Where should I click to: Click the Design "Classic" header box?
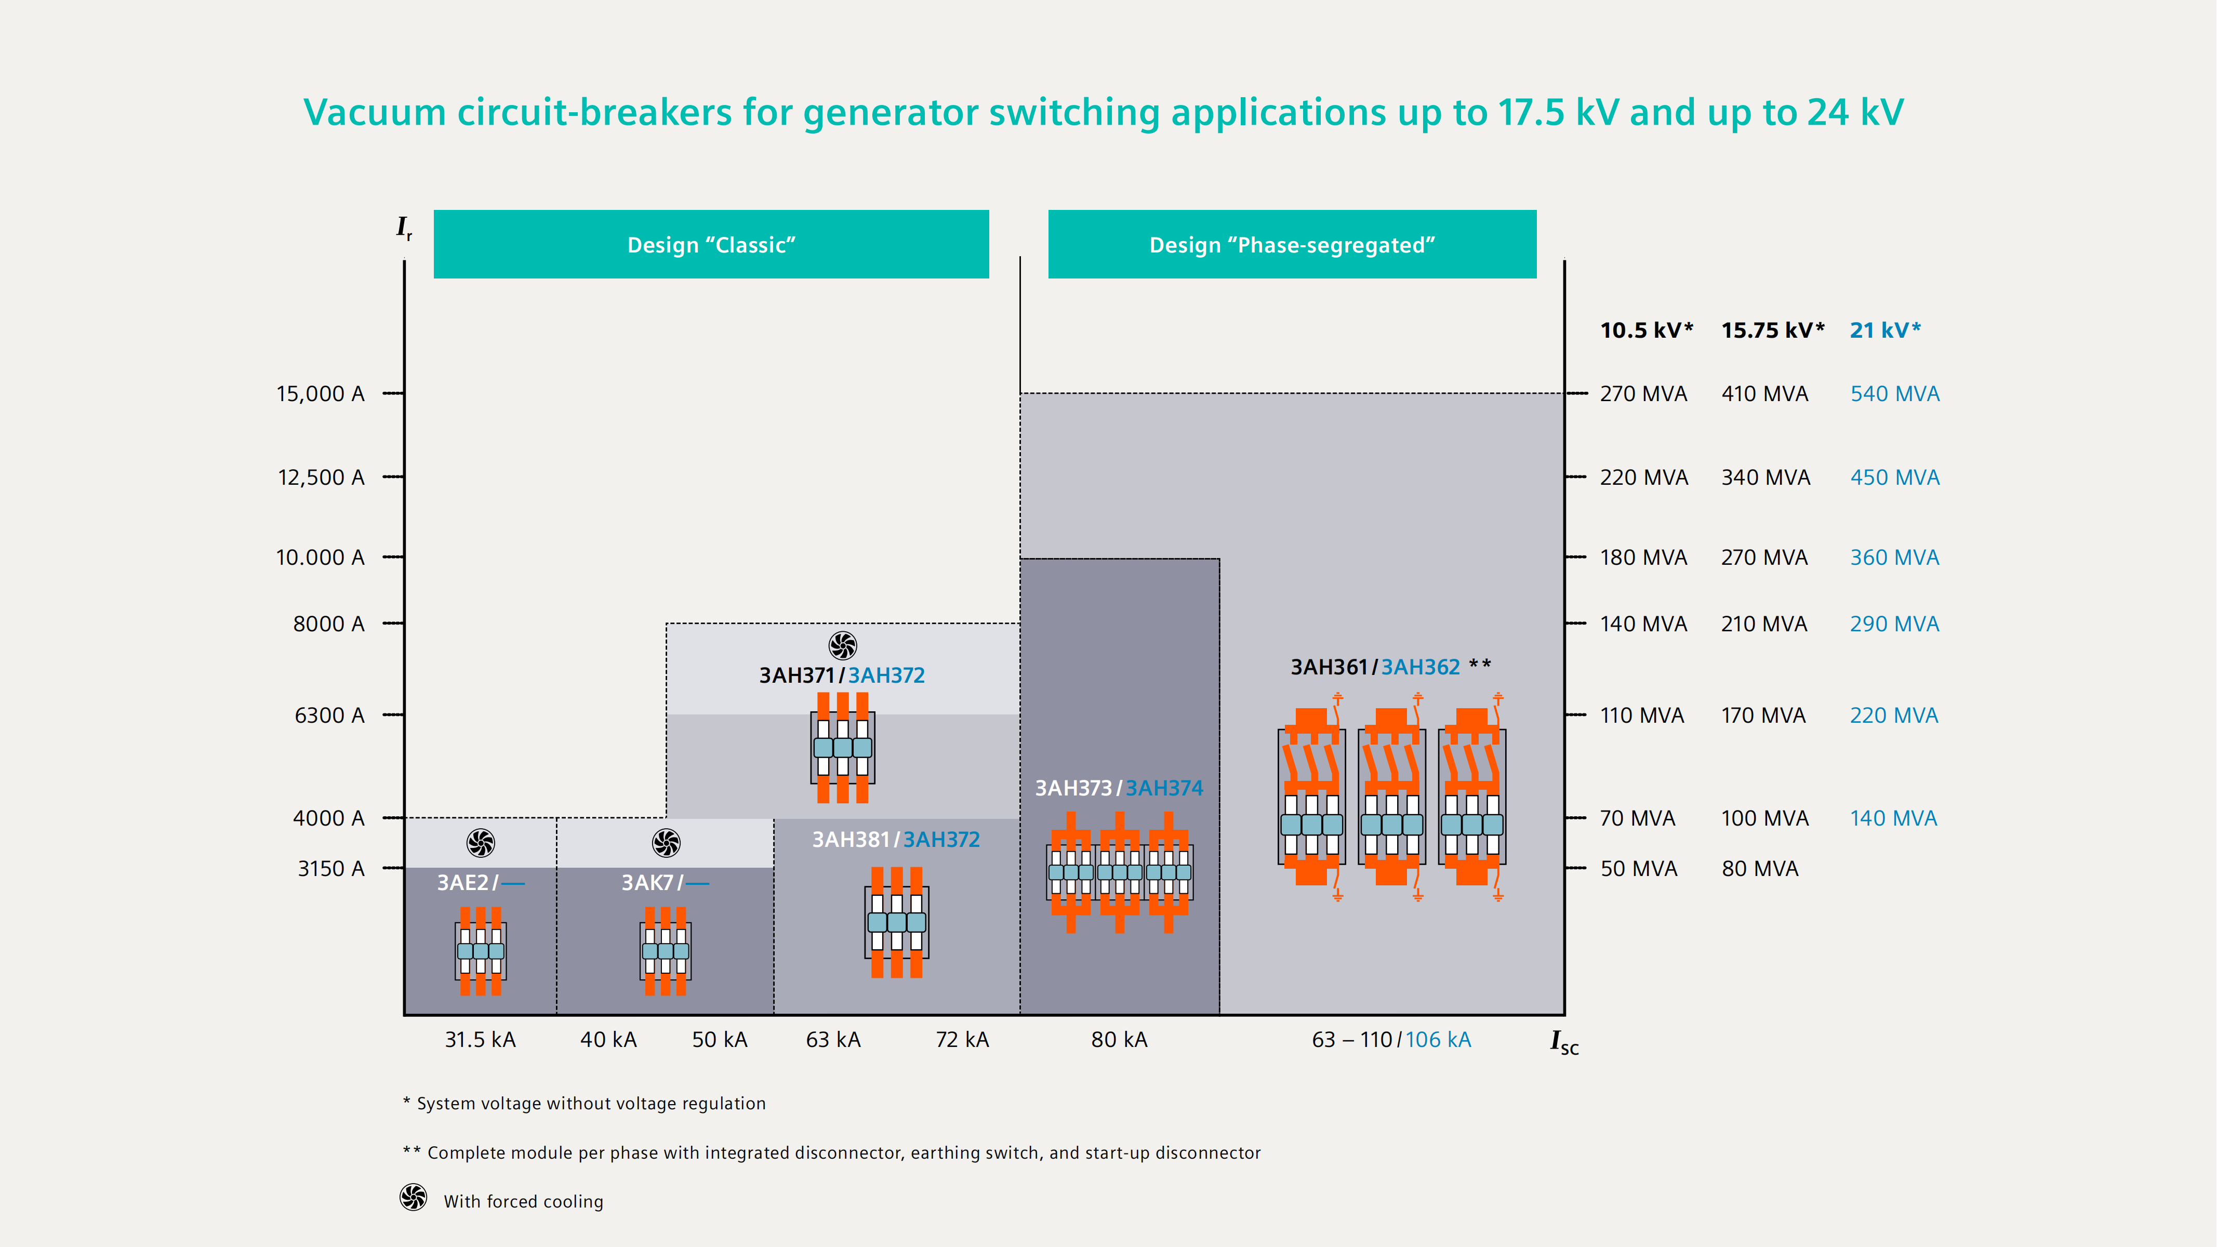(x=711, y=244)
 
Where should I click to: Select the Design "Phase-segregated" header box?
(x=1292, y=244)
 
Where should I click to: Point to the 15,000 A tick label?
(x=320, y=394)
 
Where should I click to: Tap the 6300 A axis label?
(x=329, y=715)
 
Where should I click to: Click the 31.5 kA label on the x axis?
(x=480, y=1040)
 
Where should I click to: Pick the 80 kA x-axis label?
(x=1119, y=1040)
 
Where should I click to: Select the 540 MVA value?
(x=1894, y=394)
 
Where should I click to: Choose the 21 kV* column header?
(x=1885, y=330)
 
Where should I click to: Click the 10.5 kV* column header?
(x=1645, y=330)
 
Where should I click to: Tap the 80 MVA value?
(x=1760, y=869)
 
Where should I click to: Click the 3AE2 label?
(x=463, y=883)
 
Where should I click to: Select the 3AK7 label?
(x=647, y=883)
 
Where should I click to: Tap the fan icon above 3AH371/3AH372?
(x=843, y=645)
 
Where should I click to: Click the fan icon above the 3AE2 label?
(x=480, y=843)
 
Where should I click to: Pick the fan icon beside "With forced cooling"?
(x=413, y=1197)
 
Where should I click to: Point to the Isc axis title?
(x=1564, y=1042)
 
